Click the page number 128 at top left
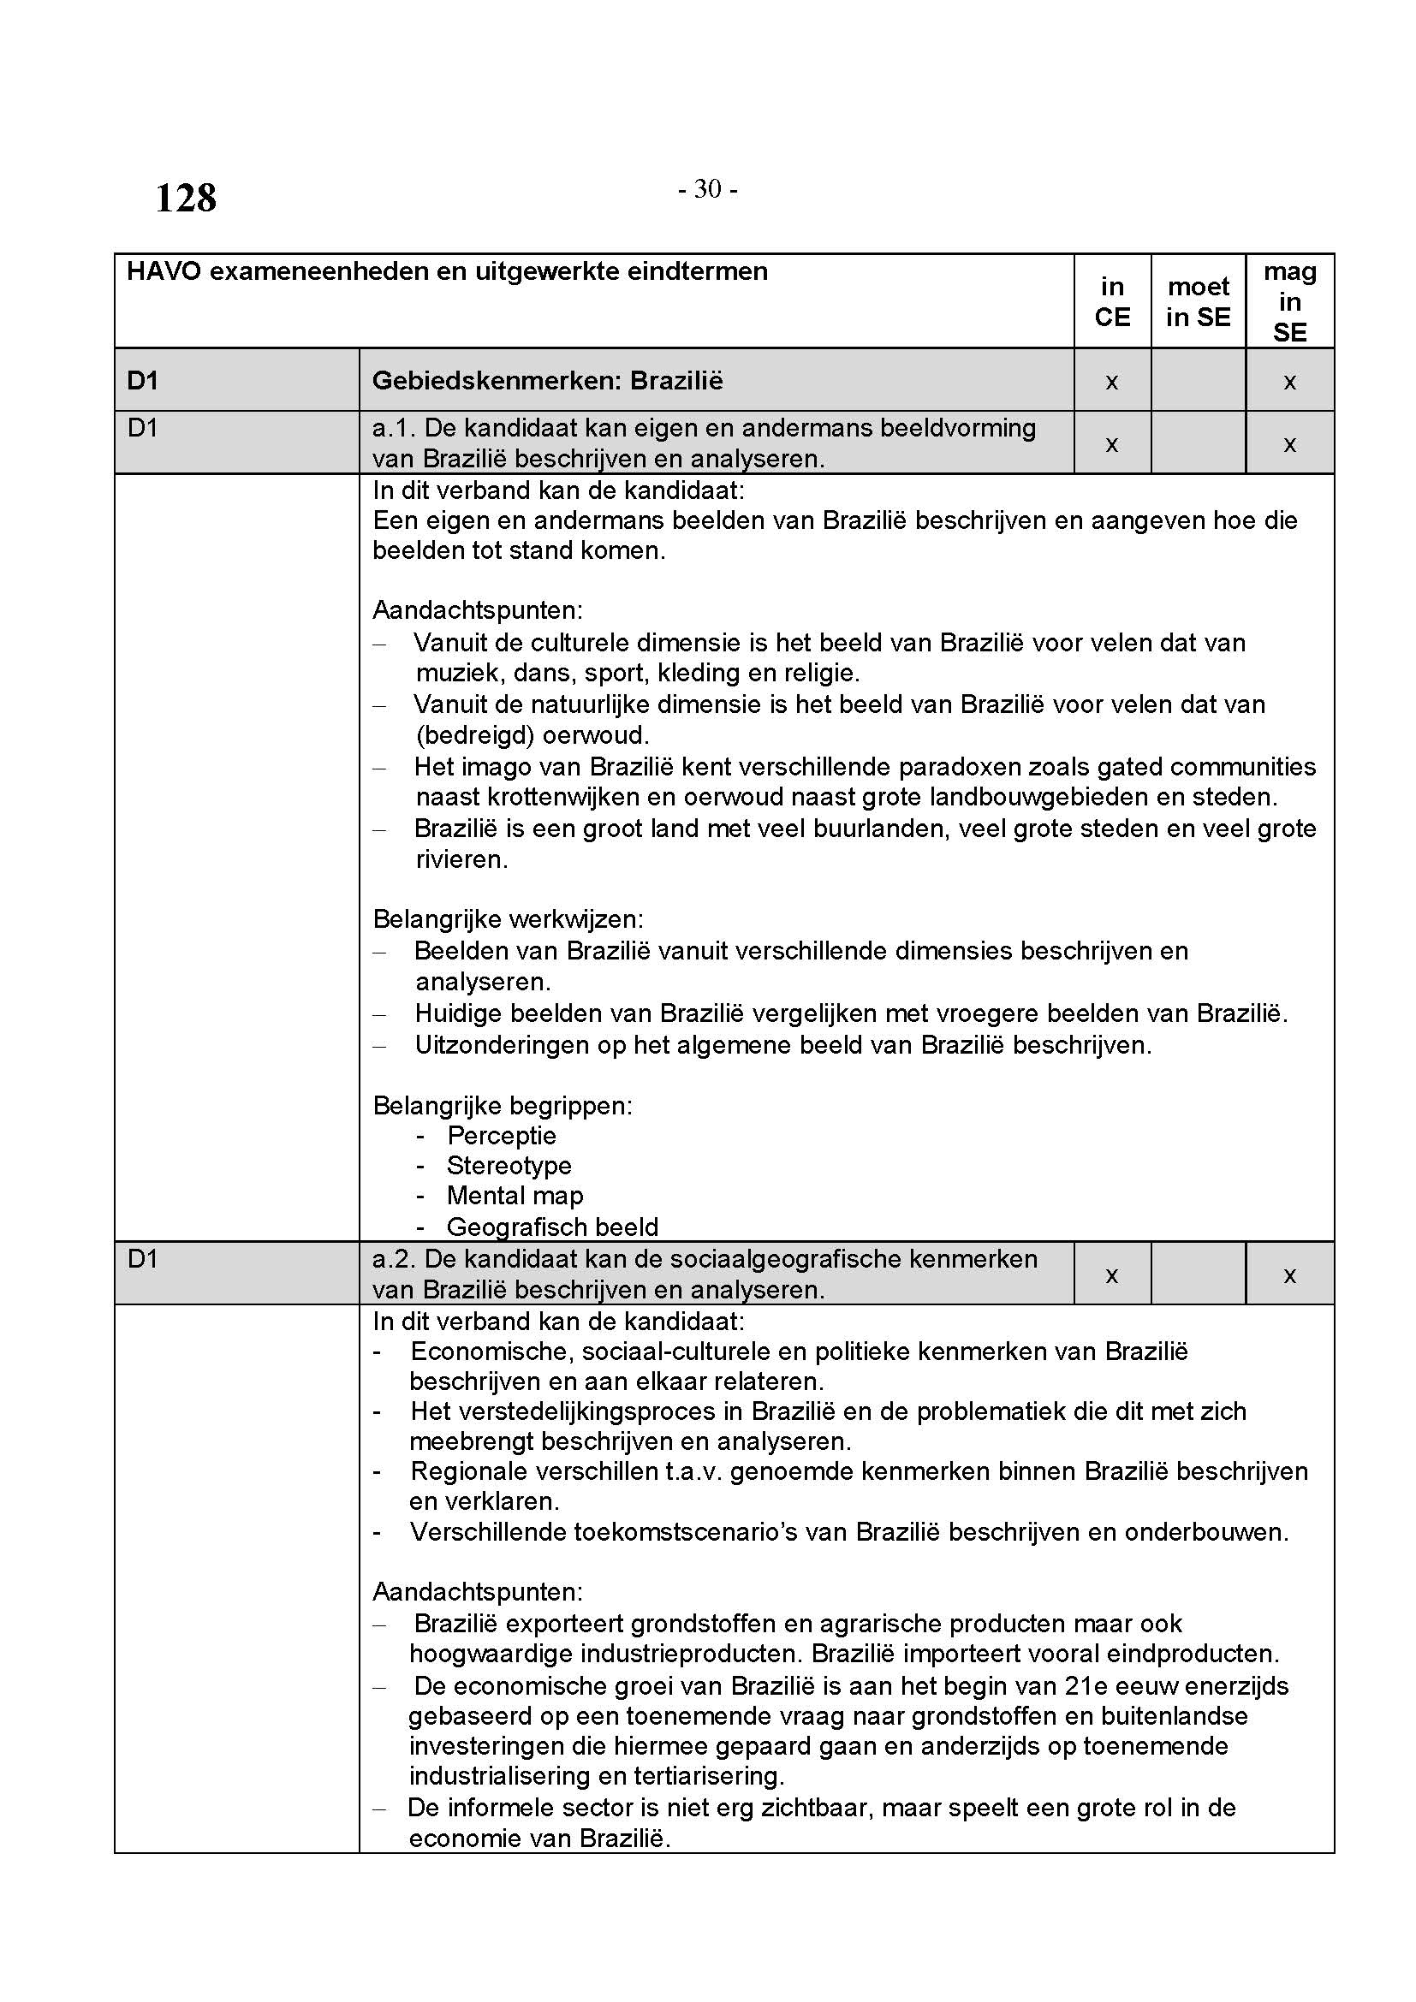pos(186,198)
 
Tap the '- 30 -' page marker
pos(708,188)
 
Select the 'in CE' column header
pos(1112,301)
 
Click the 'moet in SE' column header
pos(1198,301)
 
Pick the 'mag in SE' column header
pos(1289,301)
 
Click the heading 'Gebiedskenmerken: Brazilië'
pos(548,380)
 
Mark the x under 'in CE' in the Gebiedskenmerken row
pos(1112,381)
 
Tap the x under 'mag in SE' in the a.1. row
pos(1289,444)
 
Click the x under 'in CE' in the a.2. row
pos(1112,1274)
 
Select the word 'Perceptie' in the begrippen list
pos(502,1135)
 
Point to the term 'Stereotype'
pos(509,1165)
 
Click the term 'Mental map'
pos(515,1196)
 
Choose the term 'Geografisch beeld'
pos(553,1227)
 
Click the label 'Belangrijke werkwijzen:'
pos(509,919)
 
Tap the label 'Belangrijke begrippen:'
pos(503,1106)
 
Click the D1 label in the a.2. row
pos(142,1259)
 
